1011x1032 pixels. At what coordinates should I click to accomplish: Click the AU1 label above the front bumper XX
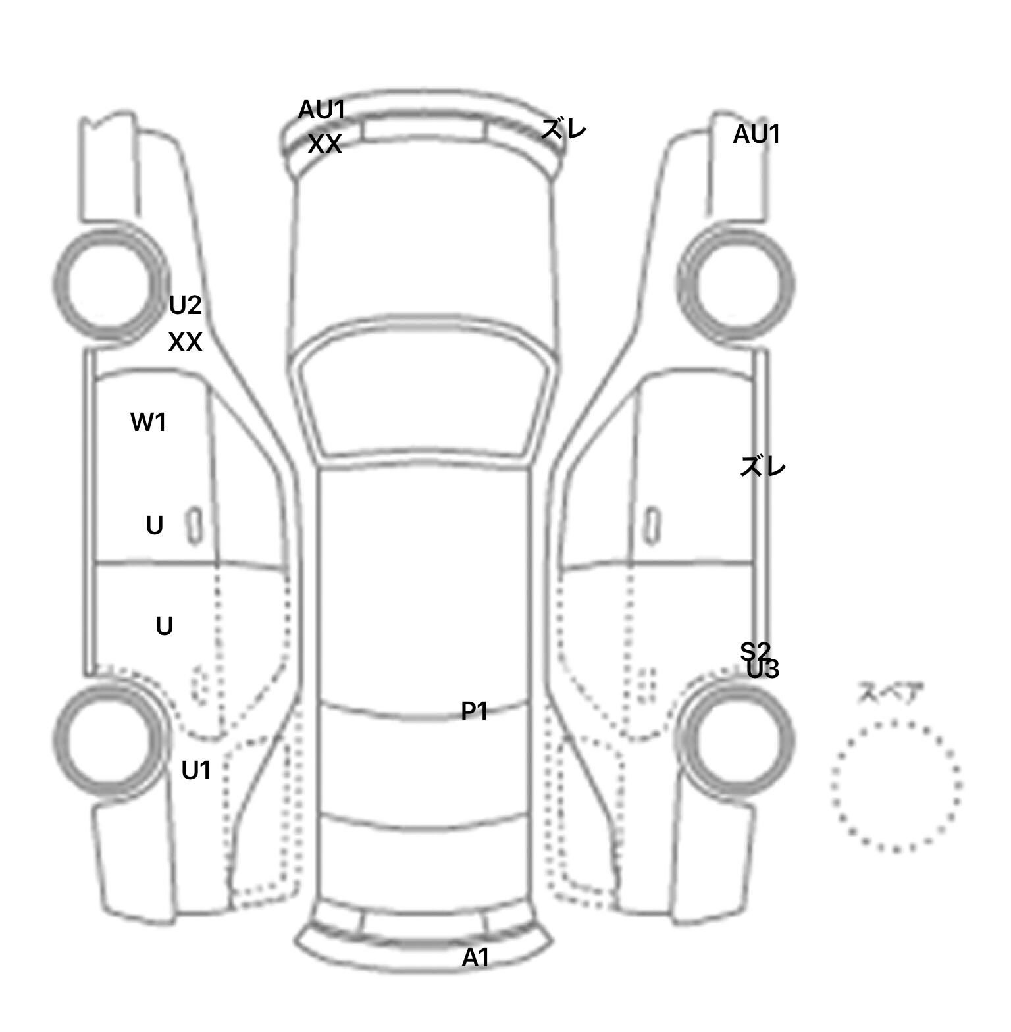(322, 110)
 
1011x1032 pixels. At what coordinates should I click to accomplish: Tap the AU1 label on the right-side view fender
(756, 134)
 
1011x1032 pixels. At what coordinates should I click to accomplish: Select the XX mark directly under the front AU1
(324, 144)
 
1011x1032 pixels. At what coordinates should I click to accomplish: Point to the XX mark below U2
(185, 342)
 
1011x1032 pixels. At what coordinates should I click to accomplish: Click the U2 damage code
(185, 305)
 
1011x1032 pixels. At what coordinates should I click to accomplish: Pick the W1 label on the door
(148, 423)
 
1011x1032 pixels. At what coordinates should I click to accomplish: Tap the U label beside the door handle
(155, 526)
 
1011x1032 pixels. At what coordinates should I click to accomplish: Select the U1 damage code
(196, 771)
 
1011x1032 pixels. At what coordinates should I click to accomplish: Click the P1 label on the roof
(474, 711)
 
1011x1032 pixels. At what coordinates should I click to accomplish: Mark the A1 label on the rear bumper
(475, 958)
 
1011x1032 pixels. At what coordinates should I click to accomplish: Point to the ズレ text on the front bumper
(563, 129)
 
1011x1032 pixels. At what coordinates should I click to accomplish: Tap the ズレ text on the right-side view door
(763, 467)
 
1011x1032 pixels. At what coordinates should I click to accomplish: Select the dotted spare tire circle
(896, 786)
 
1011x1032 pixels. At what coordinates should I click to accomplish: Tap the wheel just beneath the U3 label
(737, 738)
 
